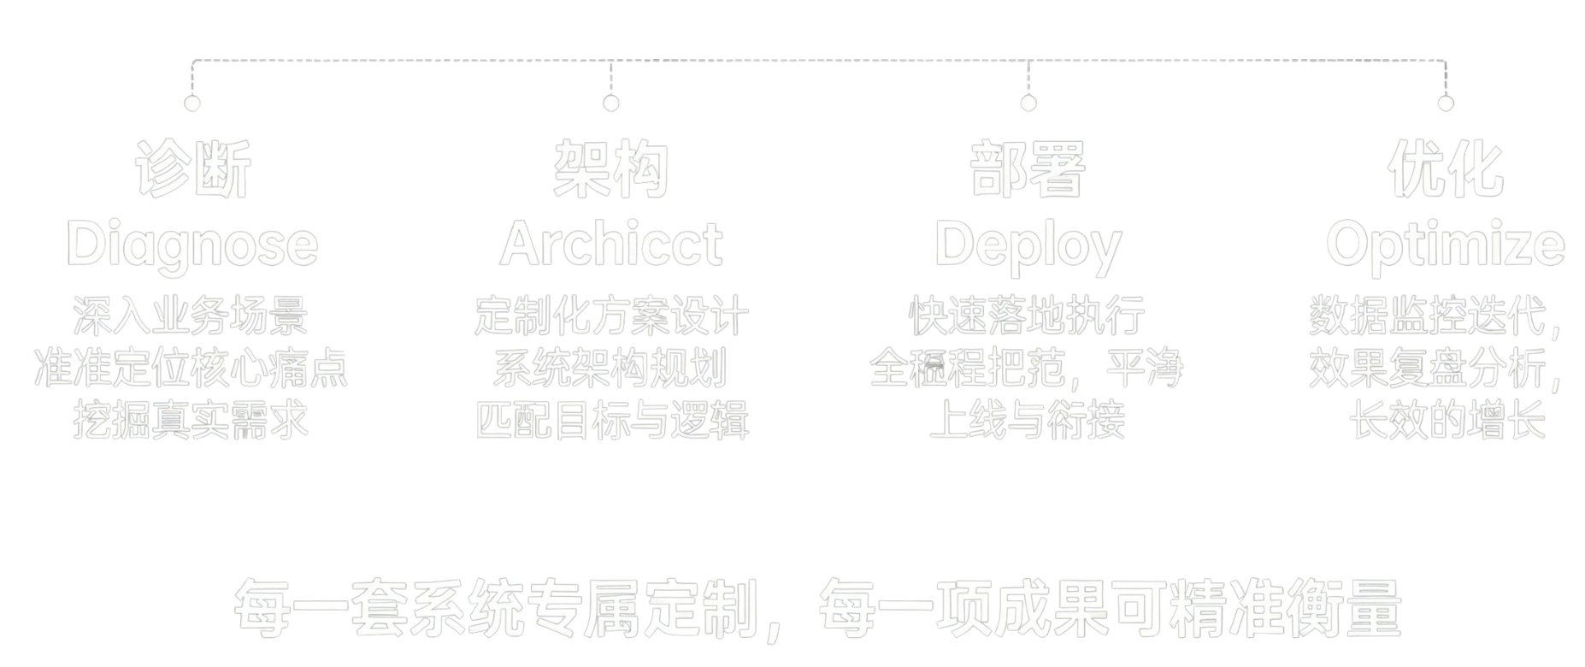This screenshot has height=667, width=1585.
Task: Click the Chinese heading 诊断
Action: (x=192, y=169)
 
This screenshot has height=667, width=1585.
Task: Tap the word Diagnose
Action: (x=192, y=245)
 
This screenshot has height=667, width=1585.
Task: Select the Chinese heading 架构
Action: (x=610, y=169)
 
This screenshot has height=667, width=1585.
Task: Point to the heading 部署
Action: (x=1028, y=169)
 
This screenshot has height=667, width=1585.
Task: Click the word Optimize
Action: (x=1445, y=246)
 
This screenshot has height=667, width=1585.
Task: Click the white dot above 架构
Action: (x=610, y=103)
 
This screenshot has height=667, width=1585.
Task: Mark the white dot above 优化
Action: (x=1446, y=103)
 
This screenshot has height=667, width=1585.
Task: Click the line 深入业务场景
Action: (x=191, y=316)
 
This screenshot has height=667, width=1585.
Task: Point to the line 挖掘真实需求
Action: (x=191, y=420)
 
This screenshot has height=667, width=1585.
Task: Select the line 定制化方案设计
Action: (x=611, y=316)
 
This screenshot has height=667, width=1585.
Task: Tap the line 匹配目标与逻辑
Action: (x=611, y=420)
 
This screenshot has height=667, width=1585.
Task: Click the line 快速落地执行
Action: (x=1027, y=316)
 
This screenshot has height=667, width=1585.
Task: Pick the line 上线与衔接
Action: (x=1027, y=420)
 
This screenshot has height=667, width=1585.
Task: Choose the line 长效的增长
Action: (x=1447, y=420)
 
